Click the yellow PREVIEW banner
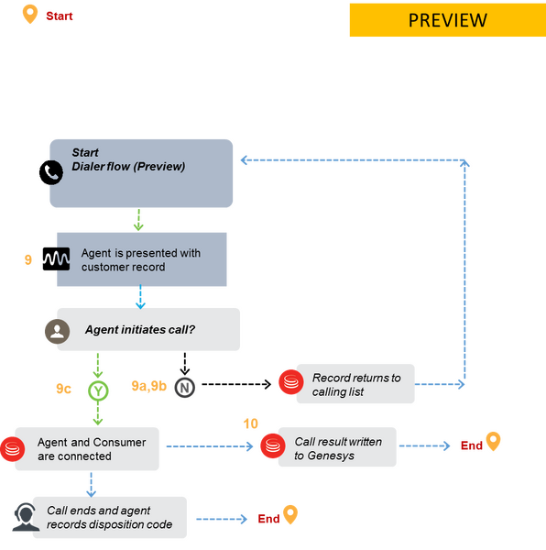coord(448,20)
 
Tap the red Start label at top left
coord(60,16)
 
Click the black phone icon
coord(51,172)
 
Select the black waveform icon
coord(56,258)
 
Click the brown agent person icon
coord(57,331)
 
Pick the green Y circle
coord(98,390)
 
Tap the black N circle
coord(185,388)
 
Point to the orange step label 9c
coord(63,389)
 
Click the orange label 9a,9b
coord(149,386)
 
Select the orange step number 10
coord(251,423)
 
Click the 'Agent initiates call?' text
coord(140,330)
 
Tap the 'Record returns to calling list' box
coord(355,384)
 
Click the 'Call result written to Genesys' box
coord(337,447)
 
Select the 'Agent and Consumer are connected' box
coord(87,449)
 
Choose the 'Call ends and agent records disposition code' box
coord(110,517)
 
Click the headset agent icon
coord(26,517)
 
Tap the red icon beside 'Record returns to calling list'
coord(291,382)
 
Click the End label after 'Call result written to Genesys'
coord(472,445)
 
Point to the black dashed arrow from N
coord(236,384)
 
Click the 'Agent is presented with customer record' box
coord(142,259)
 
